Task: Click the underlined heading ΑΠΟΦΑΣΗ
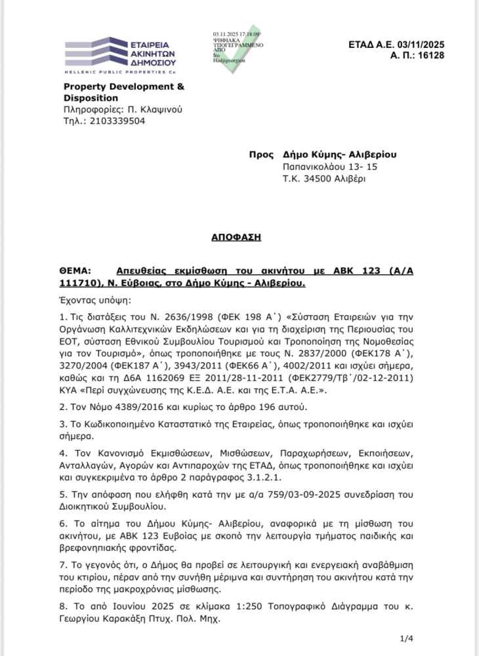tap(239, 237)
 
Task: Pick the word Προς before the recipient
tap(260, 155)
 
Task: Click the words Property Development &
tap(124, 87)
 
